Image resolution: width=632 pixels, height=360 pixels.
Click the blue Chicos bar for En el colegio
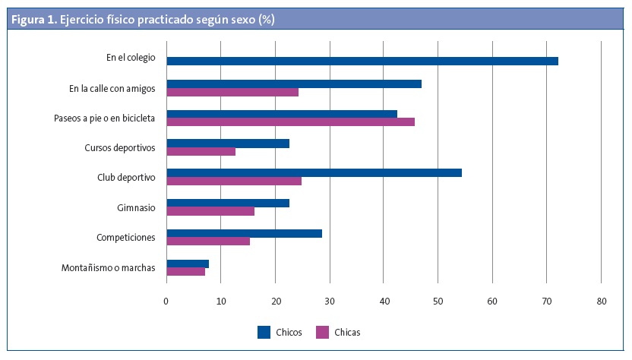coord(362,61)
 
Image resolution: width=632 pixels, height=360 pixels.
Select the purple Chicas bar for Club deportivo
coord(234,181)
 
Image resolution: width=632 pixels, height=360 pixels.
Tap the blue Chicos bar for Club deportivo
coord(314,172)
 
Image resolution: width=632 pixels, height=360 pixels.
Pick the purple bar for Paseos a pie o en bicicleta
coord(290,122)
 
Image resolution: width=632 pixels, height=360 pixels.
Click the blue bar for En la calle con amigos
coord(293,84)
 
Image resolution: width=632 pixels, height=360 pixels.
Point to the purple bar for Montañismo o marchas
coord(185,271)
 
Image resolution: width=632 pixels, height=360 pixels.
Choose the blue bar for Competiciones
coord(244,233)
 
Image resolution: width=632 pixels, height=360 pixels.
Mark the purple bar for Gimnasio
coord(210,211)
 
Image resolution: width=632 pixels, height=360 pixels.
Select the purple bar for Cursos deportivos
coord(201,151)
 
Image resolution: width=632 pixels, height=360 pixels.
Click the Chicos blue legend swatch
coord(264,332)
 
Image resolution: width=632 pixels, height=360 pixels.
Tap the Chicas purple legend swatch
coord(322,332)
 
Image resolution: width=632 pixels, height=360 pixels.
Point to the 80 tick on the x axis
coord(601,302)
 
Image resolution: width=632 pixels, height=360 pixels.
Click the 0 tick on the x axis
coord(166,302)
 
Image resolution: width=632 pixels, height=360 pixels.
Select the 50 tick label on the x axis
coord(438,302)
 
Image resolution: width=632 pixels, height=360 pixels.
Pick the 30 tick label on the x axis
coord(330,302)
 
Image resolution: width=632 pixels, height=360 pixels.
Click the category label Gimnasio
coord(136,207)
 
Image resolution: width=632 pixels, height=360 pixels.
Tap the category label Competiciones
coord(126,237)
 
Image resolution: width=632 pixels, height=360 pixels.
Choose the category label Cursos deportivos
coord(120,147)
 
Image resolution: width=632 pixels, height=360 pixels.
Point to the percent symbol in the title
coord(267,21)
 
